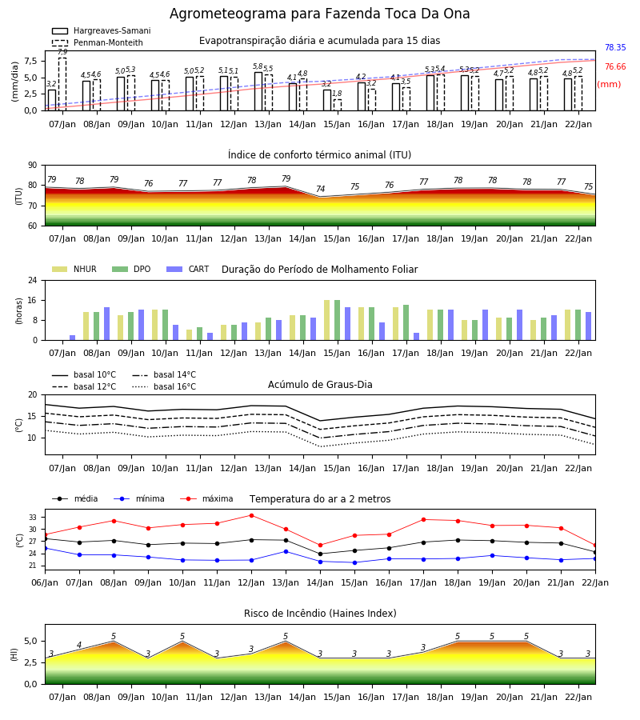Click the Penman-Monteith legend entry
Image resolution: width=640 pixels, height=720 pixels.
point(98,42)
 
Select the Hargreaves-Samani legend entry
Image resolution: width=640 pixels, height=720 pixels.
point(102,30)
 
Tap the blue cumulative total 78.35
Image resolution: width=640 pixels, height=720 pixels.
point(615,47)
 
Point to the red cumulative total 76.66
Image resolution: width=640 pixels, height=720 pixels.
point(615,66)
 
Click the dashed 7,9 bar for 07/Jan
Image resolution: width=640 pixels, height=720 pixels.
point(62,84)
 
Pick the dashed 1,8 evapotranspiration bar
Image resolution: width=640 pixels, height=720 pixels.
point(338,105)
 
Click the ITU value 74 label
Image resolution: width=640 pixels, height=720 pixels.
point(321,189)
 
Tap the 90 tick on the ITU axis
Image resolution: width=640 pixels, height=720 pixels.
point(33,166)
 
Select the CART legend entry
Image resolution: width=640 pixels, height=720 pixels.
point(188,269)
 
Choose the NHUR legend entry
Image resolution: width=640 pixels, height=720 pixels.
point(74,269)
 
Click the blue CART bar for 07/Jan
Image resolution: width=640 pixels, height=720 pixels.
point(73,338)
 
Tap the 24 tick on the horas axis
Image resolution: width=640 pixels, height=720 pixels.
point(33,280)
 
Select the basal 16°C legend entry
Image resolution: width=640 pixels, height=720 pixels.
point(164,386)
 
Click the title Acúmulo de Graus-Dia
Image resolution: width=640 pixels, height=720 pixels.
point(320,384)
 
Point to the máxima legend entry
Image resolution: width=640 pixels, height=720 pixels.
point(207,498)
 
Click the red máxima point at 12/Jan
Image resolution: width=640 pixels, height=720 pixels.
point(251,516)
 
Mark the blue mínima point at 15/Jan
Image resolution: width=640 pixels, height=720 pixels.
point(354,562)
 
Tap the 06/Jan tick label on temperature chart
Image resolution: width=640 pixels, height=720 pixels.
point(45,582)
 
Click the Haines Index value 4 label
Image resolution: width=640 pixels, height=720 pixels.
point(79,645)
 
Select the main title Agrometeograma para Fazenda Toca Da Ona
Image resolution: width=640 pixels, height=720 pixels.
point(319,14)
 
